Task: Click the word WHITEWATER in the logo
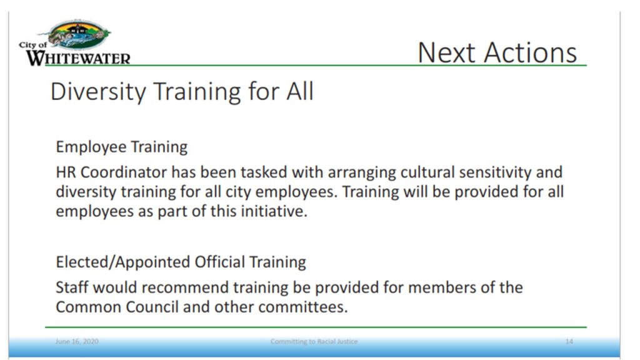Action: click(x=78, y=58)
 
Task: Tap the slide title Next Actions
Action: click(x=497, y=52)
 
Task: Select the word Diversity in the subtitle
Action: click(x=98, y=91)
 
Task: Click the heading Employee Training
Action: click(x=122, y=147)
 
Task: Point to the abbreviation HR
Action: click(x=66, y=172)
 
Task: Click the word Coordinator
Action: click(x=124, y=172)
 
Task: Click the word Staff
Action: click(x=72, y=287)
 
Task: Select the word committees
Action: click(x=303, y=307)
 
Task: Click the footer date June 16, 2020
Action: click(x=77, y=341)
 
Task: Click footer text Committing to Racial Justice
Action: click(x=314, y=341)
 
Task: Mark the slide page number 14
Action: click(x=569, y=341)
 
